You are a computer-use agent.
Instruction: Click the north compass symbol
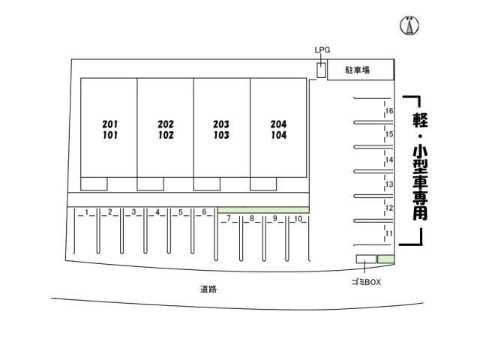(409, 25)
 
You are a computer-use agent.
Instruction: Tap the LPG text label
(322, 50)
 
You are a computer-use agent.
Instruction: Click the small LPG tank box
(321, 70)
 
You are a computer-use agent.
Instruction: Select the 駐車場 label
(357, 70)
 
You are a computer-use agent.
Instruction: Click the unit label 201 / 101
(109, 130)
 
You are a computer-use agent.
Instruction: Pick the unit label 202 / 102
(166, 130)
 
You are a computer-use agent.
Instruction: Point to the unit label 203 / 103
(221, 130)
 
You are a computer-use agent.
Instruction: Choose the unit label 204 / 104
(278, 130)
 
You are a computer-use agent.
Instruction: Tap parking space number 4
(157, 212)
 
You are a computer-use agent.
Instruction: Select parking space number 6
(204, 212)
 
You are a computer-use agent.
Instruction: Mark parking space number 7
(227, 219)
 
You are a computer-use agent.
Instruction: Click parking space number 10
(298, 219)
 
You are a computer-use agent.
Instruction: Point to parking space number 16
(389, 112)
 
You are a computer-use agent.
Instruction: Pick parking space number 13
(389, 184)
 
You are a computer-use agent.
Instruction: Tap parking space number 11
(389, 234)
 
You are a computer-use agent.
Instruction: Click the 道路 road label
(208, 289)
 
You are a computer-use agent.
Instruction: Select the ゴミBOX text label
(366, 282)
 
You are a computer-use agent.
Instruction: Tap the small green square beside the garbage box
(385, 259)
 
